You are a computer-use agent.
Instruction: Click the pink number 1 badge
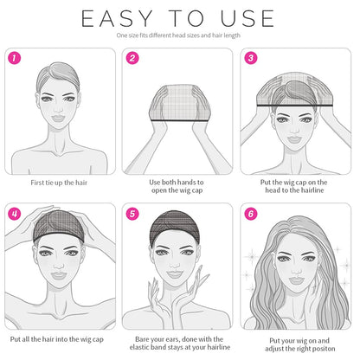(14, 59)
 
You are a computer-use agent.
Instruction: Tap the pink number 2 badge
(132, 59)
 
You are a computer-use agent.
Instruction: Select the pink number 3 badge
(251, 59)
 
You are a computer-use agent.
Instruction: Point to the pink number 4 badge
(14, 214)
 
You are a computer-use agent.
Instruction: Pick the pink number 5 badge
(132, 214)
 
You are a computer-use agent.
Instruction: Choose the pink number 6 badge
(251, 214)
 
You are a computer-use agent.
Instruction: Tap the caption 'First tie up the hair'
(60, 183)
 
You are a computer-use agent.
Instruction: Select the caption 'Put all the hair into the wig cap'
(60, 338)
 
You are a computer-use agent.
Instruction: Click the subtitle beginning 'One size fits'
(179, 36)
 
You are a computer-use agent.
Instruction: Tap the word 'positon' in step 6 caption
(324, 349)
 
